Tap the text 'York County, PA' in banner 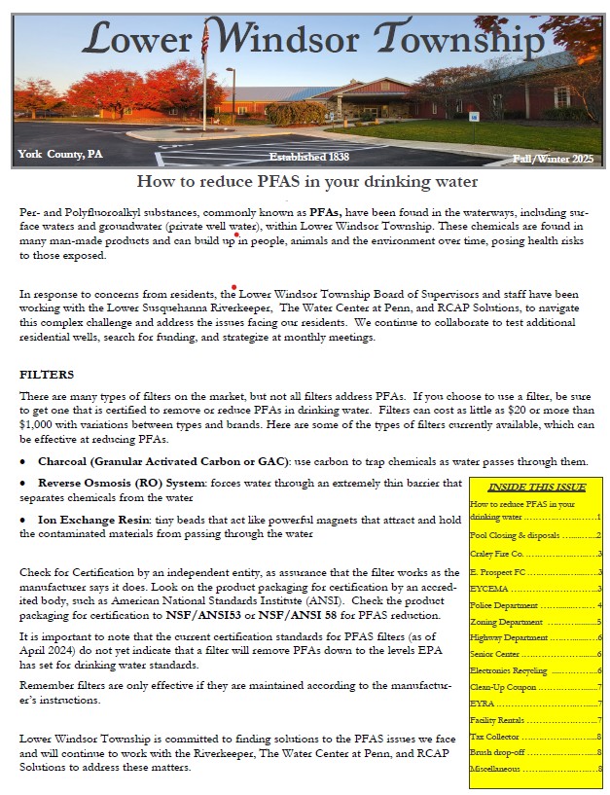(x=59, y=154)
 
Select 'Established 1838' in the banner (x=310, y=157)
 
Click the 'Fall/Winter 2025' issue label (x=553, y=159)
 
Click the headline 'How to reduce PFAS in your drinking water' (x=306, y=181)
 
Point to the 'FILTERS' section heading (x=47, y=374)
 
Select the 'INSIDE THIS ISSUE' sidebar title (x=537, y=488)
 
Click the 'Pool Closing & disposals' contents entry (x=516, y=535)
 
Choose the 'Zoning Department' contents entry (x=506, y=622)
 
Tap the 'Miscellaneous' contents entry (x=498, y=769)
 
